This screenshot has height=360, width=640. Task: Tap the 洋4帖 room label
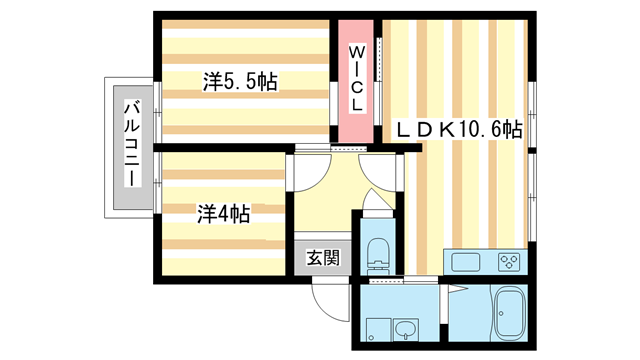click(222, 213)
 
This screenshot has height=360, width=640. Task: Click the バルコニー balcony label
click(130, 144)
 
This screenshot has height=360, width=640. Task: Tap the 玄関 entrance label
click(323, 257)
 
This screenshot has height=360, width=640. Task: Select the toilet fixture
click(378, 254)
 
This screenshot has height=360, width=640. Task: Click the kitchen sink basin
click(467, 263)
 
